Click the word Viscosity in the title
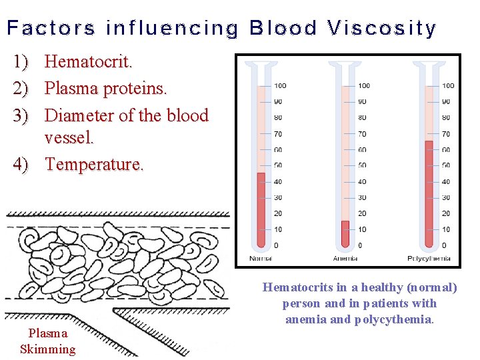pos(382,29)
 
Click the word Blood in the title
pos(283,29)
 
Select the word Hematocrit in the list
pos(88,62)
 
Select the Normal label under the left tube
pos(261,258)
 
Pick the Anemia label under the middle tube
pos(345,258)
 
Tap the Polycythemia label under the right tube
pos(429,258)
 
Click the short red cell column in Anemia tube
pos(345,234)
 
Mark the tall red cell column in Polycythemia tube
pos(429,193)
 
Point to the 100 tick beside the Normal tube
pos(280,85)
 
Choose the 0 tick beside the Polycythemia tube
pos(444,245)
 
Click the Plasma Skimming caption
pos(48,341)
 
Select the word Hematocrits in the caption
pos(299,287)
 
